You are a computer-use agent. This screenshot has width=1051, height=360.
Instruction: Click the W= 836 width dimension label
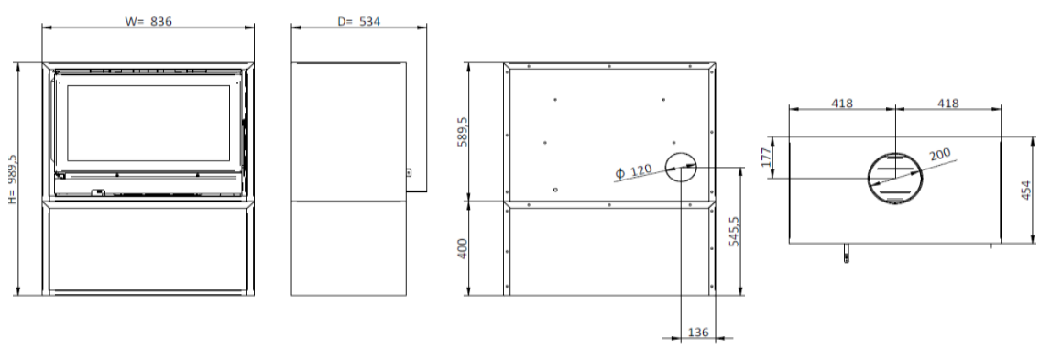click(148, 21)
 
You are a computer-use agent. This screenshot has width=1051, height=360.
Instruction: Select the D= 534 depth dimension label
click(358, 21)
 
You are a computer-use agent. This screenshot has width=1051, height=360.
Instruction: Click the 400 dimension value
click(462, 249)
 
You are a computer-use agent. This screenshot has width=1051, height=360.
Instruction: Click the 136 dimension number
click(697, 332)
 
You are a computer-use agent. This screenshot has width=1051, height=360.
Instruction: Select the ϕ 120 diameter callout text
click(633, 171)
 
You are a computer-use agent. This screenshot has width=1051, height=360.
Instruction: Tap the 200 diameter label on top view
click(940, 155)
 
